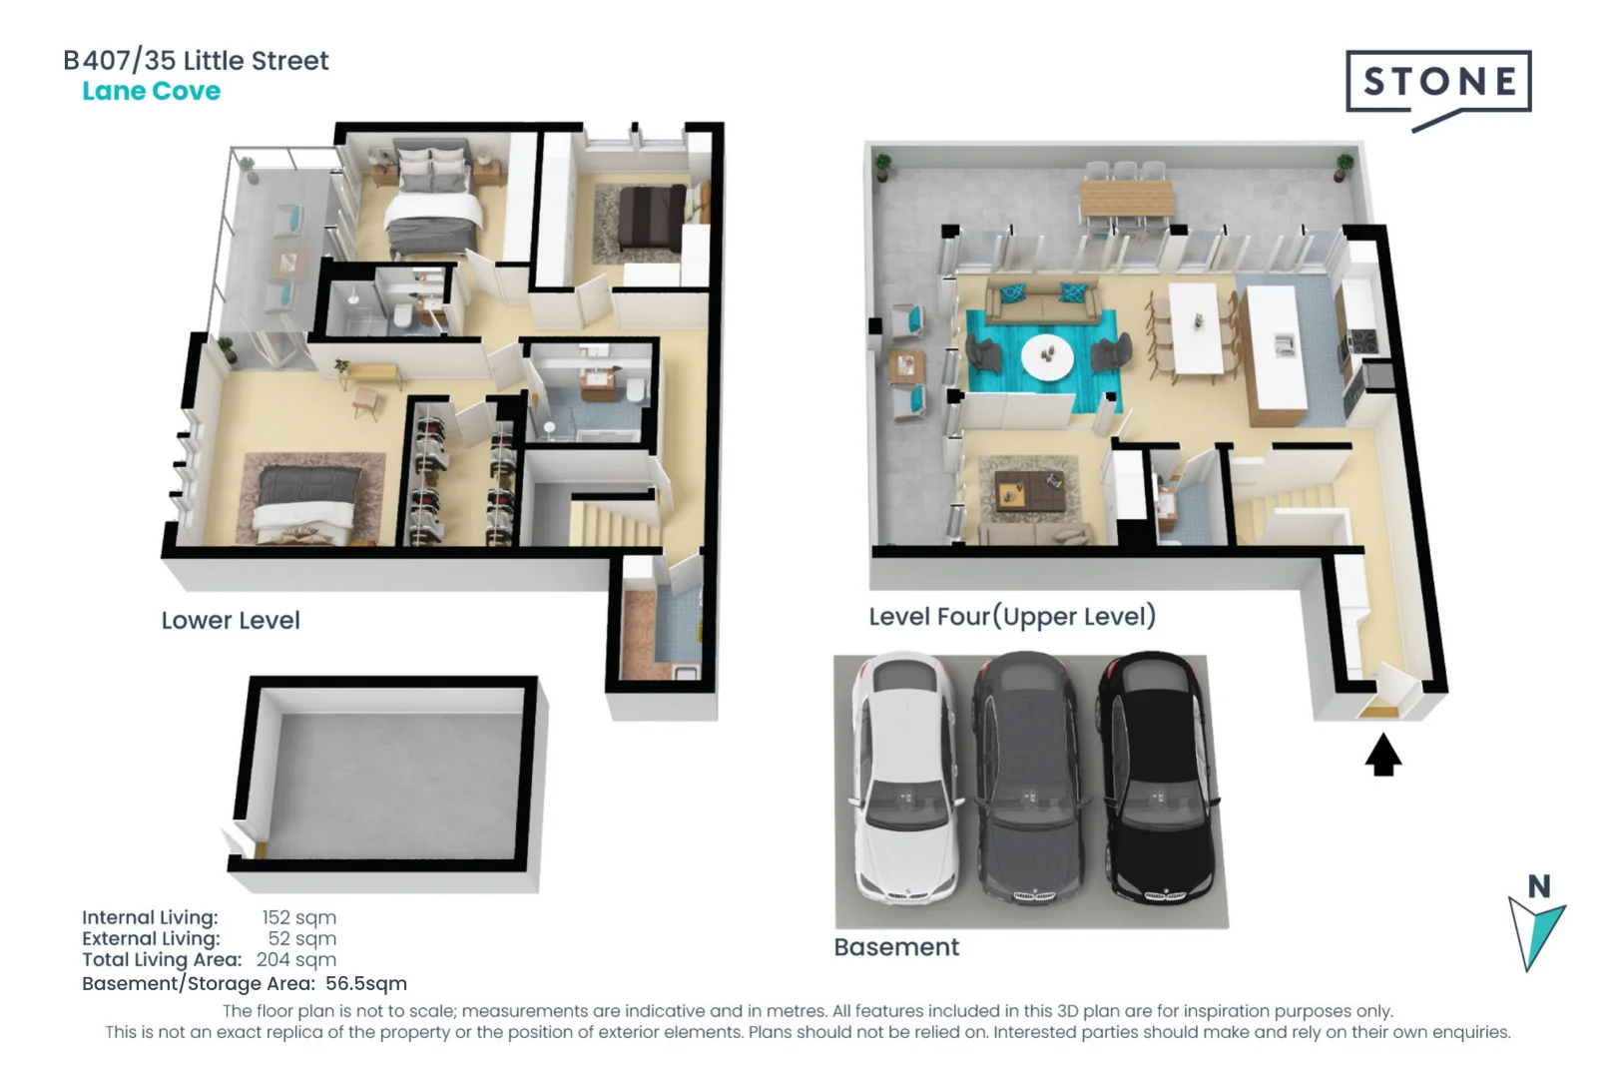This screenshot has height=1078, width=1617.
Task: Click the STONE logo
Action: coord(1437,82)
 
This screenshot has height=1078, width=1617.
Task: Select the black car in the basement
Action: coord(1156,777)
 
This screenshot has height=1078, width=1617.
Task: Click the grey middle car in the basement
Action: coord(1028,777)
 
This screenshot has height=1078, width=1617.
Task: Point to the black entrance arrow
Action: coord(1382,755)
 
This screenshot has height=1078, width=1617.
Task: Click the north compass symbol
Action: coord(1537,923)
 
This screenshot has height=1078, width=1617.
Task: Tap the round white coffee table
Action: coord(1047,355)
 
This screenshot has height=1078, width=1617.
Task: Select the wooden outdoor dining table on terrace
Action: coord(1126,200)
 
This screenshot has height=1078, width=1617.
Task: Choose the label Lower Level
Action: coord(231,621)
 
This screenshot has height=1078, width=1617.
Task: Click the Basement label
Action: coord(896,947)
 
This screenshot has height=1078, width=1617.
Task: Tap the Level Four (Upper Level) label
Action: coord(1012,617)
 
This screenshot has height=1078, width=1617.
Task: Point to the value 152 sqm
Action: coord(298,917)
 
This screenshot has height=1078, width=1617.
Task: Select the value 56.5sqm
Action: coord(365,983)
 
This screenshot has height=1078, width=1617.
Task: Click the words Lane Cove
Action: coord(151,91)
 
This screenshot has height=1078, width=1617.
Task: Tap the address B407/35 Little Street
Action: coord(196,61)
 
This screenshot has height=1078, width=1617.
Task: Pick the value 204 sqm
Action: coord(295,959)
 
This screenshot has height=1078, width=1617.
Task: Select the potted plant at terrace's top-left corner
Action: coord(882,165)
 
